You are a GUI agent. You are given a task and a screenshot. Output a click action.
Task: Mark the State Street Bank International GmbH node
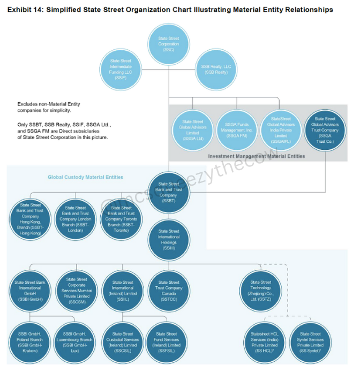tap(32, 292)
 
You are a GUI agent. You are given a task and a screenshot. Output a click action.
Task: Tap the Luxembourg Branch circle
tap(77, 342)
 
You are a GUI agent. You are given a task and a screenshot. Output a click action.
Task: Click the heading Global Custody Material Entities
tap(86, 177)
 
